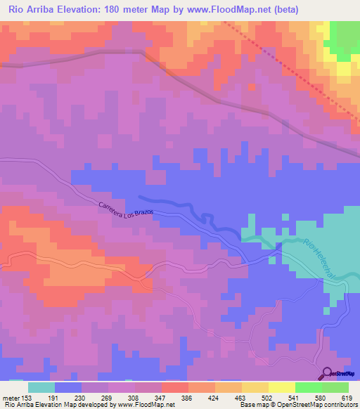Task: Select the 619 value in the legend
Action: [343, 398]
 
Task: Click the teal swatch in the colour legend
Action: [41, 387]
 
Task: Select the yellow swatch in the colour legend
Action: [282, 387]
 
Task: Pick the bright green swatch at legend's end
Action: [335, 387]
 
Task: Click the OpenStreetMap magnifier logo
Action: [326, 373]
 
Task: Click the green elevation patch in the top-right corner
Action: [344, 35]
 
